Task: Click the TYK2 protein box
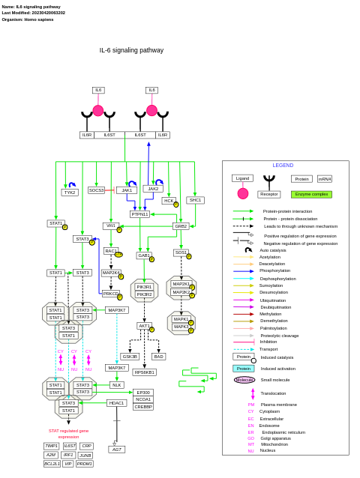(x=70, y=193)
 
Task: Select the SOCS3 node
(x=96, y=190)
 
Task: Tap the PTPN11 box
(x=139, y=214)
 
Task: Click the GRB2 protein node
(x=181, y=226)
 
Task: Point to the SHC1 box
(x=195, y=200)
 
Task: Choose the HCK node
(x=169, y=201)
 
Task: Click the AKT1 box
(x=144, y=326)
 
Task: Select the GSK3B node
(x=130, y=357)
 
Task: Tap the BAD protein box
(x=158, y=357)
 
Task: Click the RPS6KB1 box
(x=145, y=372)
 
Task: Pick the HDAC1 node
(x=116, y=403)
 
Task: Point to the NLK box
(x=116, y=385)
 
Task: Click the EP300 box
(x=143, y=392)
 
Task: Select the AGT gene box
(x=116, y=450)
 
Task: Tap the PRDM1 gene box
(x=85, y=464)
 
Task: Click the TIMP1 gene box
(x=51, y=446)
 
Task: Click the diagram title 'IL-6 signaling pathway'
(x=131, y=51)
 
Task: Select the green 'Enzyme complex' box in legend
(x=311, y=194)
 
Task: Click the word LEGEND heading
(x=283, y=166)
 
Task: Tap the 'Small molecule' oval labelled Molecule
(x=244, y=380)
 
